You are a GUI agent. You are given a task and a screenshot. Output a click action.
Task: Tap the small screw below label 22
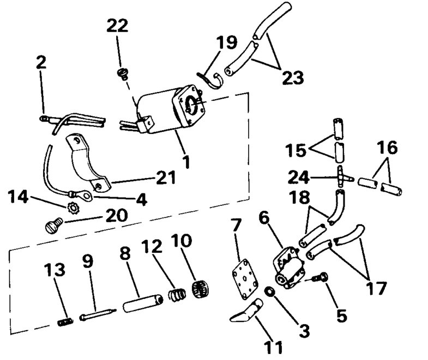coord(123,71)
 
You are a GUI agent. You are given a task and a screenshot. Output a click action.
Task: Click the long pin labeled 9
coord(98,314)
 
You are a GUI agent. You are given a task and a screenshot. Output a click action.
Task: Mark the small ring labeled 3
coord(269,292)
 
